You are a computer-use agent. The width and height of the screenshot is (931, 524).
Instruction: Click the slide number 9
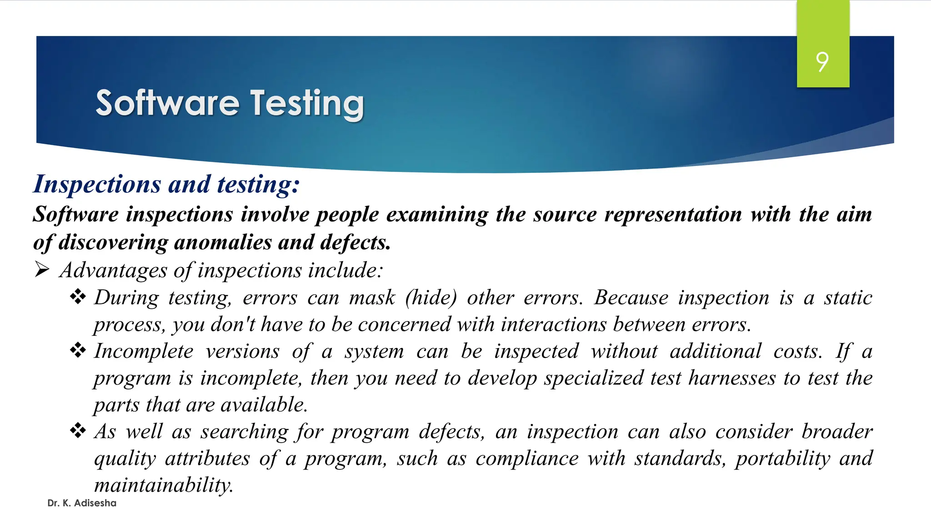822,62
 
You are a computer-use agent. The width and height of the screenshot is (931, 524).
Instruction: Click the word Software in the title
167,103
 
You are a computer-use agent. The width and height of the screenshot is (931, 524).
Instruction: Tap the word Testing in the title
307,104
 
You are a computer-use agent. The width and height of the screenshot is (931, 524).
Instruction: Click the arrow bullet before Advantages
42,270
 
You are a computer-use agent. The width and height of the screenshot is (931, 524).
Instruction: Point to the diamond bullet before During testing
78,297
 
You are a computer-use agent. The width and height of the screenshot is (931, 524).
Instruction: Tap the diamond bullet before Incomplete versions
78,351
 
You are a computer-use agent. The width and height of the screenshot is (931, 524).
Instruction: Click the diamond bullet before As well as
78,431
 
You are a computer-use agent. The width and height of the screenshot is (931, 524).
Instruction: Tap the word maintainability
164,485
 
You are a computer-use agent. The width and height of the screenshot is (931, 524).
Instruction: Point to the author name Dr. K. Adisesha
82,503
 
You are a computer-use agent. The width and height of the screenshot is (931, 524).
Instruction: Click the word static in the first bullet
848,298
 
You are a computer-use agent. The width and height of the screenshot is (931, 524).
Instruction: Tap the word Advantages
114,270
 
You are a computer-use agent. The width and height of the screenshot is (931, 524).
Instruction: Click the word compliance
527,458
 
